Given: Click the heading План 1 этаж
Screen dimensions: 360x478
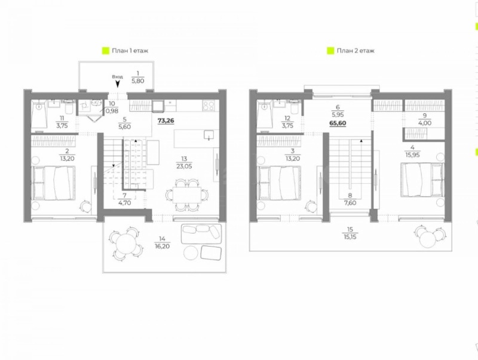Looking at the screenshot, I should [x=129, y=51].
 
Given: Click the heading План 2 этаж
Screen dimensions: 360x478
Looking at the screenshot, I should [x=355, y=51].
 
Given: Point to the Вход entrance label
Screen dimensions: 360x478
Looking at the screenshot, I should [x=117, y=77].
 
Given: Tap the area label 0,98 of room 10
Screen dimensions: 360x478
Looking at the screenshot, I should [x=111, y=110].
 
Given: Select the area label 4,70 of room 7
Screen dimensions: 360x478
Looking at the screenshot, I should [x=124, y=202].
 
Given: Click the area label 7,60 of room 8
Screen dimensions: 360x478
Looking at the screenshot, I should [x=349, y=201].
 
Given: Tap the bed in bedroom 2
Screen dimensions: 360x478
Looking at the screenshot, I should [x=54, y=183].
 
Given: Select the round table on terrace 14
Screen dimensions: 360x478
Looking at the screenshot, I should [x=125, y=244].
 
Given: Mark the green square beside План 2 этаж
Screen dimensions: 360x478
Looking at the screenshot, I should [x=330, y=51].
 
